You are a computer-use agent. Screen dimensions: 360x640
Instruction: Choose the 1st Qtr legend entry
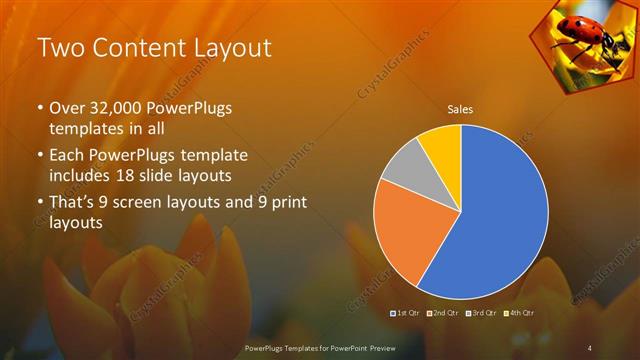point(405,314)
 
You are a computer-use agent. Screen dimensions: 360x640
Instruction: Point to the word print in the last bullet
point(286,204)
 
